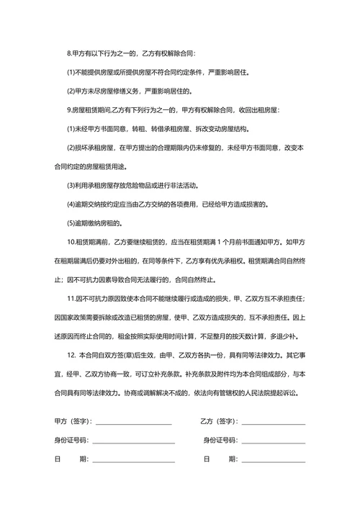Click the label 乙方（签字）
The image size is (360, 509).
[x=220, y=421]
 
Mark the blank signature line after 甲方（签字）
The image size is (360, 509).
[x=134, y=424]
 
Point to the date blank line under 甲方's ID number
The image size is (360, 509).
[x=132, y=461]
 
